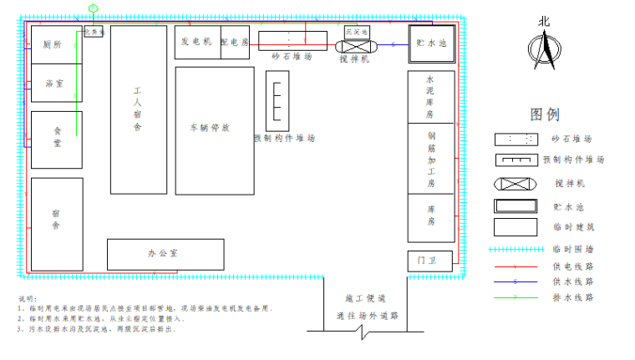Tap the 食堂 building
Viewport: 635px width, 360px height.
(x=57, y=138)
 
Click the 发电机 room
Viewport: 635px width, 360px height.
(x=196, y=42)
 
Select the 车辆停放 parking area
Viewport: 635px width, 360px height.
(x=214, y=129)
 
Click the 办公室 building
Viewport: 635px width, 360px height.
(x=165, y=253)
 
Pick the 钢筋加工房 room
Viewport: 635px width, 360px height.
(x=431, y=159)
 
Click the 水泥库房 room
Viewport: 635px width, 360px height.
(x=431, y=96)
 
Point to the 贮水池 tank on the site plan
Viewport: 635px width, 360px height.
(x=432, y=43)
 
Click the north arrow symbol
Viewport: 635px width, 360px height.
(x=545, y=48)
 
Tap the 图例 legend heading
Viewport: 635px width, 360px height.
(x=544, y=114)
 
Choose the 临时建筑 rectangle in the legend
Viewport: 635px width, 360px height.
(x=515, y=226)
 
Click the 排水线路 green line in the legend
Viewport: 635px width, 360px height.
(x=515, y=297)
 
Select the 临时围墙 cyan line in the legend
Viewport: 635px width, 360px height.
(x=515, y=249)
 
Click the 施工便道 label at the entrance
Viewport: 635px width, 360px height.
(x=365, y=298)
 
